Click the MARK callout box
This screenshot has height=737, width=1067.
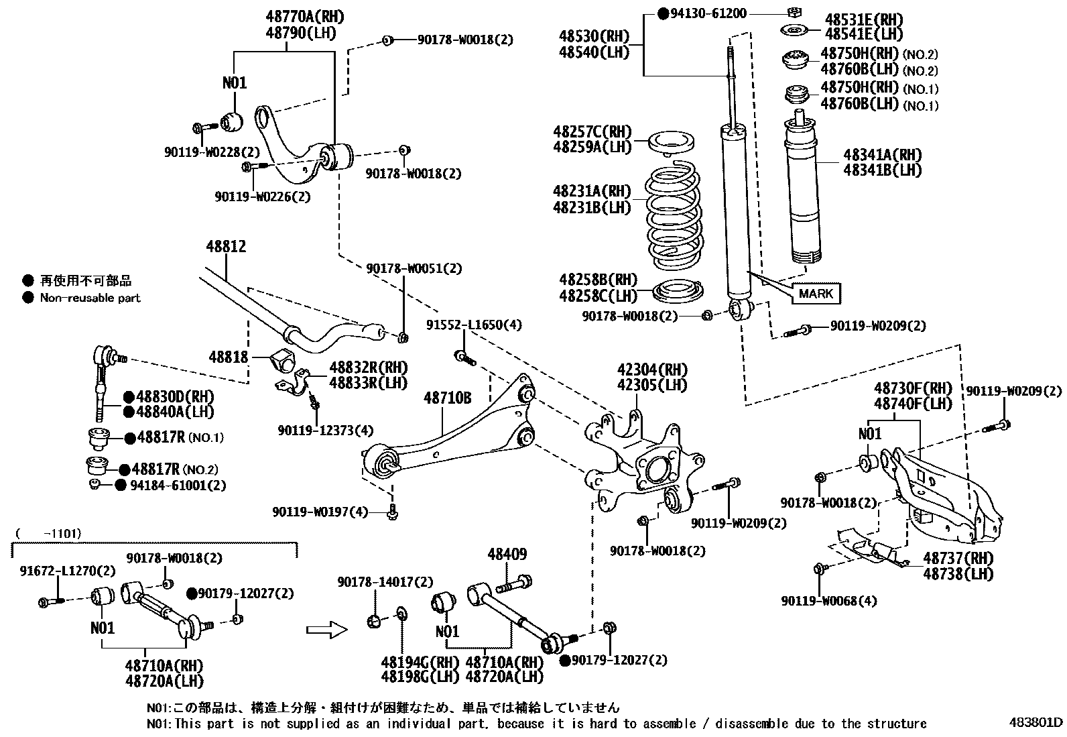click(x=816, y=293)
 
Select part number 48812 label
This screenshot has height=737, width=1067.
click(x=226, y=247)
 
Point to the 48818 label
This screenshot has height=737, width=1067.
click(x=228, y=357)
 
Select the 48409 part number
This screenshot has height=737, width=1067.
click(x=507, y=555)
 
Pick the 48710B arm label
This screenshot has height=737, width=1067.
click(x=447, y=398)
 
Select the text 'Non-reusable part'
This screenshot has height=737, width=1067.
click(x=90, y=298)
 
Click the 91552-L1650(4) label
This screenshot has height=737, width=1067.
click(x=474, y=325)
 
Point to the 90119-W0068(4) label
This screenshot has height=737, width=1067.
click(x=828, y=601)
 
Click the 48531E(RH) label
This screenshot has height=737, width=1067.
click(x=864, y=19)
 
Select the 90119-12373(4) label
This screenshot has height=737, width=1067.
click(x=326, y=430)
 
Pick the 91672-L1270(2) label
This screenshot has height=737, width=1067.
click(x=67, y=571)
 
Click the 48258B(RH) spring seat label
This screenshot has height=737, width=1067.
click(x=599, y=279)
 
